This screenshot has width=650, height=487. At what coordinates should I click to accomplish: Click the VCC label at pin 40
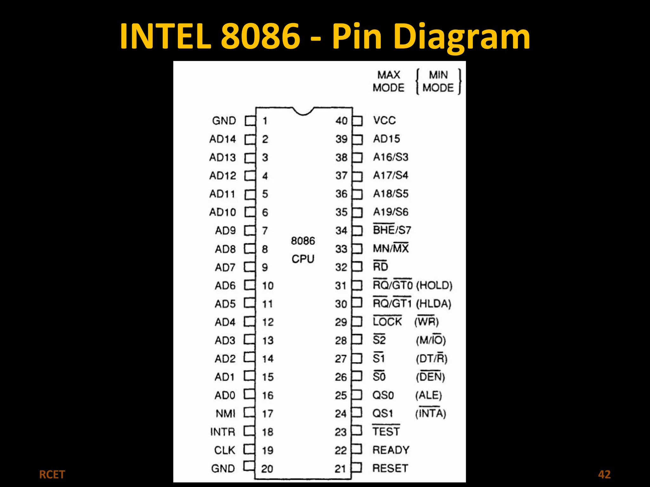(384, 120)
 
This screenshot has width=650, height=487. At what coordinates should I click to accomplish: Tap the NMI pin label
(225, 413)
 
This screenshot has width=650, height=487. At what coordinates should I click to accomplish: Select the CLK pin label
(225, 450)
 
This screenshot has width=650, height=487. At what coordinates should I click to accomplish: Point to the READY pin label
(391, 450)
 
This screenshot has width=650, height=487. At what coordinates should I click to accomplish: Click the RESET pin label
(390, 468)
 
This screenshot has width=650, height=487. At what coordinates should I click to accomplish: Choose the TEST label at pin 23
(386, 432)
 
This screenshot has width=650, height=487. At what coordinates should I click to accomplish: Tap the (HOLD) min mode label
(434, 285)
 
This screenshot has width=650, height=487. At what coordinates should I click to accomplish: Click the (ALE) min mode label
(428, 395)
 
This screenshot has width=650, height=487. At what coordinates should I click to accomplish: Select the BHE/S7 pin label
(392, 230)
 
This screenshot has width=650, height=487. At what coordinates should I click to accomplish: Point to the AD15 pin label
(387, 139)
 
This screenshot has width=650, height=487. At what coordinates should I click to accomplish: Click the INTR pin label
(223, 432)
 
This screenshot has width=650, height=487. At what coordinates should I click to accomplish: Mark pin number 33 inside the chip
(341, 249)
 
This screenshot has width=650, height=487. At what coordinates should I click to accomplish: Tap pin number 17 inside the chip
(268, 414)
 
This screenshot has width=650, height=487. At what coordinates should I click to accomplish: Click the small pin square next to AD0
(249, 394)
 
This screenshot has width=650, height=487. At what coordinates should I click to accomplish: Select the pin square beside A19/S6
(357, 212)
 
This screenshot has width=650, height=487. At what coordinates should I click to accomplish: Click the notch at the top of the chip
(303, 111)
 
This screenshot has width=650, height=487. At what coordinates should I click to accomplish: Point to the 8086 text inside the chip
(303, 241)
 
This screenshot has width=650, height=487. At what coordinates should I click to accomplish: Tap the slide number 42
(604, 474)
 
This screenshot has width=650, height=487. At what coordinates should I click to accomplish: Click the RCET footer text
(52, 475)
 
